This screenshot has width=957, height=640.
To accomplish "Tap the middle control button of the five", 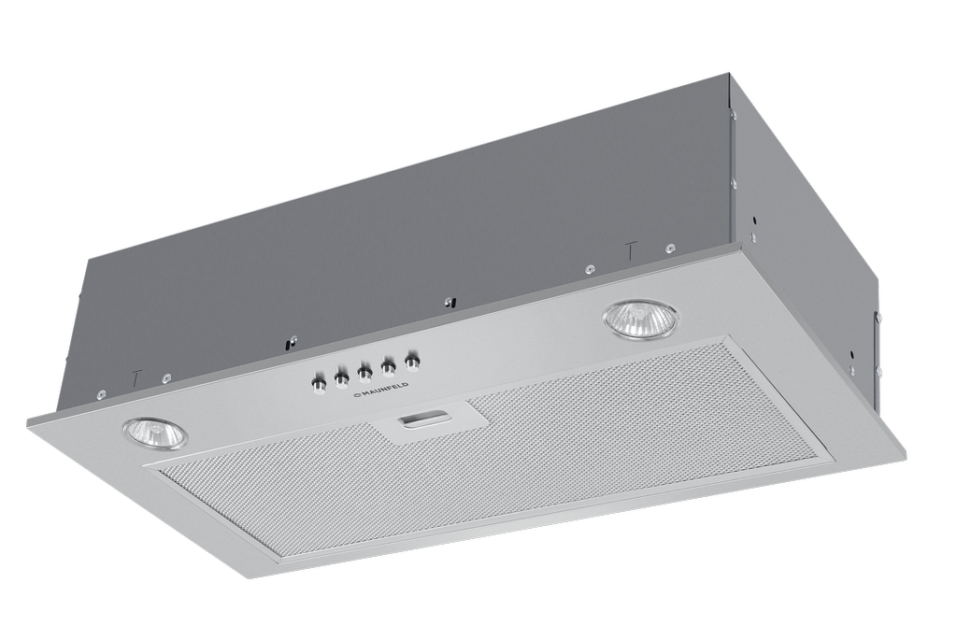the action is [364, 371].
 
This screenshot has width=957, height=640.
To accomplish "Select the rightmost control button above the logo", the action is [413, 360].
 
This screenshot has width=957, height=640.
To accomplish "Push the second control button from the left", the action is [341, 377].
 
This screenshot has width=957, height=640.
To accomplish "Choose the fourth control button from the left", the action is [388, 365].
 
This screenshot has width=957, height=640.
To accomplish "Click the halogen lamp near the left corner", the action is [155, 434].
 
